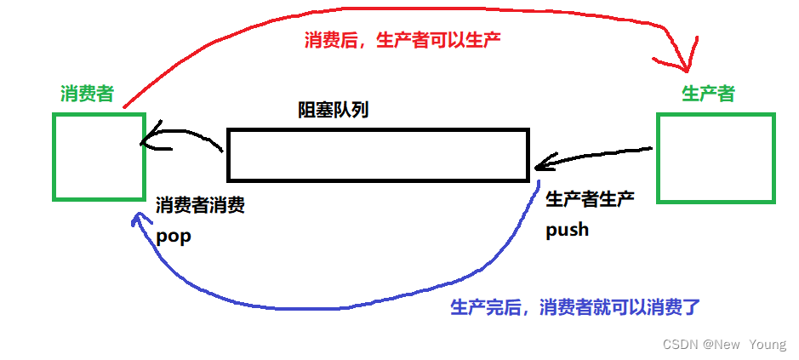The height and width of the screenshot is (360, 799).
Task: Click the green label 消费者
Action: [87, 94]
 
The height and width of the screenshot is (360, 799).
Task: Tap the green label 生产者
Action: [708, 94]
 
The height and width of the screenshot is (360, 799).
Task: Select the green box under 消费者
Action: [98, 157]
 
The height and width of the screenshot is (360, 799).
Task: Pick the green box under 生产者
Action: [716, 159]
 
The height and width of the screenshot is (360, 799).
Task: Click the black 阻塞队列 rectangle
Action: [378, 155]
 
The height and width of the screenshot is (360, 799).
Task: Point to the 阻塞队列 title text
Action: [333, 110]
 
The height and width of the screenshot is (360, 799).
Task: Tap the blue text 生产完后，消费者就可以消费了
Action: [574, 307]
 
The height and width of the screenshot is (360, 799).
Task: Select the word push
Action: [567, 230]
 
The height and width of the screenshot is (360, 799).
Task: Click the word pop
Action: [174, 237]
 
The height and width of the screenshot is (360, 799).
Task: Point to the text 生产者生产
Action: [590, 199]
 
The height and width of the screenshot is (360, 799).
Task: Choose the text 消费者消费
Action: [201, 206]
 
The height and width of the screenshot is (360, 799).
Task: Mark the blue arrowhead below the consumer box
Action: [136, 220]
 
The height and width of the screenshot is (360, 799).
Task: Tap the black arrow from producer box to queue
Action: [596, 157]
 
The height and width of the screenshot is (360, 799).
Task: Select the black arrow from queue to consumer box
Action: [183, 136]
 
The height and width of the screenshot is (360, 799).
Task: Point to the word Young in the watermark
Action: [768, 345]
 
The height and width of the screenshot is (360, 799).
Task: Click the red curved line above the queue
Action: [255, 34]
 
